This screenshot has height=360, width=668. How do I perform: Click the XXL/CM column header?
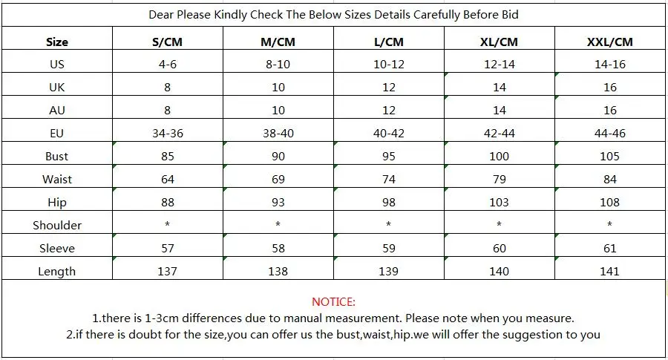pos(609,42)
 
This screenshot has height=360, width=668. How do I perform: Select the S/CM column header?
pos(168,42)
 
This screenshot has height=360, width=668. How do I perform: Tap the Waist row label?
pos(57,179)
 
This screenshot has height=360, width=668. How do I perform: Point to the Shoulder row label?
pos(57,225)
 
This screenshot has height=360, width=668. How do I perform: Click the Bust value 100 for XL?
pos(499,156)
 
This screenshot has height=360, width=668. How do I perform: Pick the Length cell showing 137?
pos(168,271)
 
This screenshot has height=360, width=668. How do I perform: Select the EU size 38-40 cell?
pos(278,133)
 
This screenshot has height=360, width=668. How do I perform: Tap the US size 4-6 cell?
pos(168,64)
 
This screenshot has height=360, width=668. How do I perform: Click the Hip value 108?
pos(609,202)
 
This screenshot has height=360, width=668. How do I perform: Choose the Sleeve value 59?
pos(388,248)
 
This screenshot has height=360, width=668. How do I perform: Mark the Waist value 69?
pos(278,179)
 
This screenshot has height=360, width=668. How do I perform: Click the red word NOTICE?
pos(333,301)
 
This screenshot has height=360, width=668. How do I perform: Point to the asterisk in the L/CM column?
pos(388,223)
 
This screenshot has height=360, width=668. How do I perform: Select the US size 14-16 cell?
pos(609,64)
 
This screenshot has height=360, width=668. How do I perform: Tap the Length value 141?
pos(609,271)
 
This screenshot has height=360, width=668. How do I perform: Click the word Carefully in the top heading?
pos(436,15)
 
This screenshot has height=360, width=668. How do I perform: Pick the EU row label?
pos(56,133)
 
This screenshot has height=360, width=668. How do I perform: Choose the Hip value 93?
pos(278,202)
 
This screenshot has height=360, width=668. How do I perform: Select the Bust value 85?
pos(168,156)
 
